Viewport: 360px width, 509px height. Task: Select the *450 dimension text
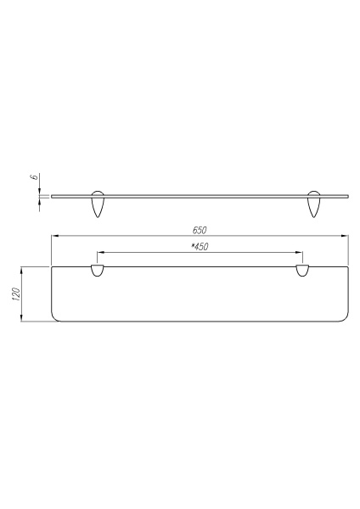tap(200, 247)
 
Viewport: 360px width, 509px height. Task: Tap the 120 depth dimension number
tap(15, 295)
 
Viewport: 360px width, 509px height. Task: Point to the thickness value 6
tap(32, 178)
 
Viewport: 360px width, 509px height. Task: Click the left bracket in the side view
tap(98, 205)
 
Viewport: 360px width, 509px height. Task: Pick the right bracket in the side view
tap(315, 205)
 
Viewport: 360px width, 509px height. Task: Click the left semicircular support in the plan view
tap(98, 271)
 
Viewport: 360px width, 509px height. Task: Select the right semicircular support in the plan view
tap(302, 271)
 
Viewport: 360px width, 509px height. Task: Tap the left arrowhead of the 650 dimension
tap(53, 236)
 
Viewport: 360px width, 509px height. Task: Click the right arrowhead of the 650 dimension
tap(346, 236)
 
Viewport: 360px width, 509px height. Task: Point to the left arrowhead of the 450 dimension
tap(100, 252)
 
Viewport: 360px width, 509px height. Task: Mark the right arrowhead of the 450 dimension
tap(300, 252)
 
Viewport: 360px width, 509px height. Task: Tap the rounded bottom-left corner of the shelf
tap(55, 319)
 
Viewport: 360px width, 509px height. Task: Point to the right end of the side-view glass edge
tap(347, 197)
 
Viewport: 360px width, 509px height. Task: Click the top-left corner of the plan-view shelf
tap(52, 267)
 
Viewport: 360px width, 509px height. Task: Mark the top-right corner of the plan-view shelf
tap(348, 267)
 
